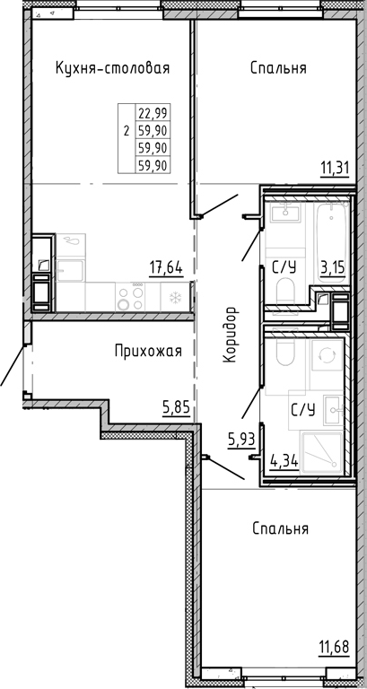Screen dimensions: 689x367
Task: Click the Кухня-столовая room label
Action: (x=112, y=68)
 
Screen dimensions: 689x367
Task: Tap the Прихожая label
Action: (x=148, y=351)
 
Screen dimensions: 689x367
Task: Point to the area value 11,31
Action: (x=336, y=166)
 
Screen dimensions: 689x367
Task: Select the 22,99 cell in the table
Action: (x=153, y=113)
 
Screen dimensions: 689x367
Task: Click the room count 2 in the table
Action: (x=126, y=130)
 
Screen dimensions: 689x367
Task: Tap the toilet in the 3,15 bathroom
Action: (x=286, y=292)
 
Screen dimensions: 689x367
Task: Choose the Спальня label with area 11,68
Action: (x=280, y=529)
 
